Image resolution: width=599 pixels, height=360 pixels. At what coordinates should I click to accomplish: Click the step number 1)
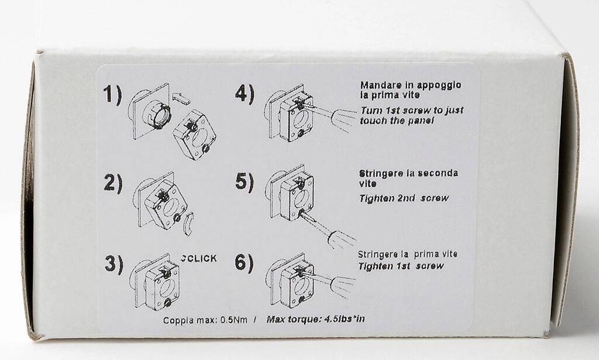tap(113, 95)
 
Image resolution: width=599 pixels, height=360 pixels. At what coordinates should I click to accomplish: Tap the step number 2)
tap(113, 183)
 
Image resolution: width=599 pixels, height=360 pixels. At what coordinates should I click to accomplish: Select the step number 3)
tap(114, 264)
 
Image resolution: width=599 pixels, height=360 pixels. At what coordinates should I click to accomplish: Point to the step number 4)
tap(245, 94)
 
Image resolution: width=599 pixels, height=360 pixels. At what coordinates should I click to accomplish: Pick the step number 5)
tap(245, 182)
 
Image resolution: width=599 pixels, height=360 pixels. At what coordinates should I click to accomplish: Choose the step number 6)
tap(244, 263)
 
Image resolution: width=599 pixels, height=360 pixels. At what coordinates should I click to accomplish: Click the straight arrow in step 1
tap(181, 98)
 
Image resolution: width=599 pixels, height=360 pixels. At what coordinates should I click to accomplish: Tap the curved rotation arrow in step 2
tap(188, 224)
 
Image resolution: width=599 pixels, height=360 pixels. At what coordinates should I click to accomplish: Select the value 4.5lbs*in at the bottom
tap(344, 318)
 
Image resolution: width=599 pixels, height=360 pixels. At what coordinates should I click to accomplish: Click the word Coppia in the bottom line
tap(175, 320)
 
